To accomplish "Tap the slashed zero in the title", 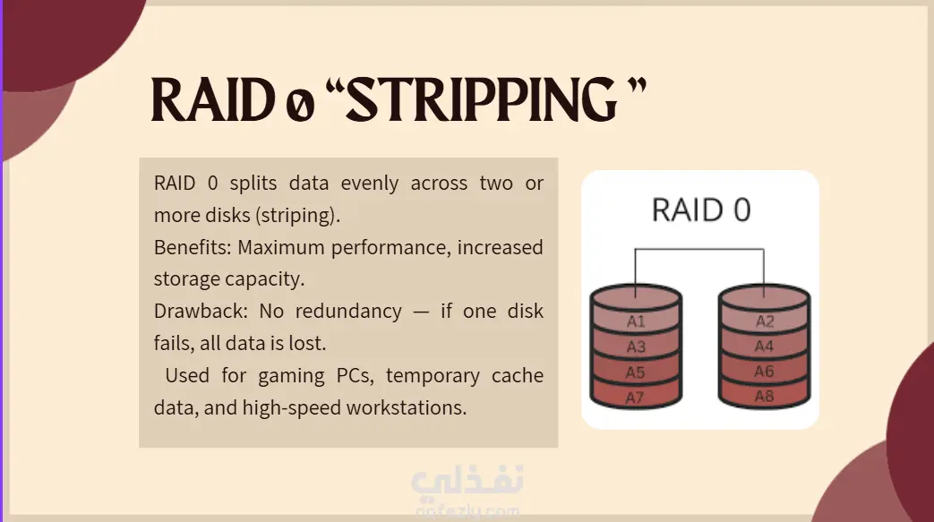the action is tap(300, 105).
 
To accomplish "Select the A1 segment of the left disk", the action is tap(636, 321).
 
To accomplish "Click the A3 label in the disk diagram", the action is tap(636, 347).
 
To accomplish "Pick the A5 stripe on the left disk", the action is tap(636, 372).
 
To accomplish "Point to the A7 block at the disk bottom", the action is tap(636, 397).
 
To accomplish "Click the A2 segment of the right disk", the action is tap(764, 321).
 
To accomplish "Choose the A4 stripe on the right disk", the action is tap(764, 347).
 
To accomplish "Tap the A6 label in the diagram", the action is tap(764, 372).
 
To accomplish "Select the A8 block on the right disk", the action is tap(764, 397).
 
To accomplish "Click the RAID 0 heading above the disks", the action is tap(701, 210).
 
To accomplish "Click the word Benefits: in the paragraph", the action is tap(193, 247).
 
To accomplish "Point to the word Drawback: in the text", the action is tap(201, 311).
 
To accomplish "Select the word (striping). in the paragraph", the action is tap(297, 216).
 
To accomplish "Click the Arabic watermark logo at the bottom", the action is tap(467, 481).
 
